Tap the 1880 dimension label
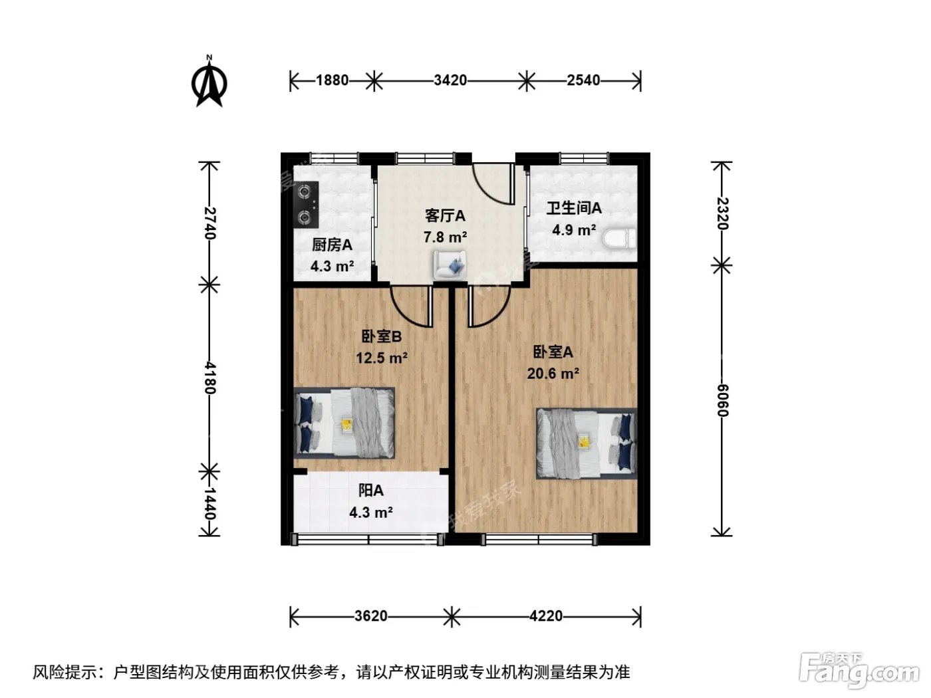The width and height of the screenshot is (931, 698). [x=332, y=80]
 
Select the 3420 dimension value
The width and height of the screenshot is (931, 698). [x=450, y=80]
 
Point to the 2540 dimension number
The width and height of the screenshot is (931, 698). [x=583, y=80]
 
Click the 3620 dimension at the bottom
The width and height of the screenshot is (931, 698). [x=370, y=616]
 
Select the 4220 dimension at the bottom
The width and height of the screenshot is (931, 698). [x=546, y=616]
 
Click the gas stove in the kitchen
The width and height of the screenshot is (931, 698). [x=307, y=205]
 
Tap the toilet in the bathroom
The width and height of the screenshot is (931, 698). [x=620, y=239]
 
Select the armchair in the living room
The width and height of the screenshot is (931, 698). [x=450, y=265]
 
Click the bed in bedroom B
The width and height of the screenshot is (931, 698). [x=344, y=423]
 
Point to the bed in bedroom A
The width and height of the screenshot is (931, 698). [x=587, y=443]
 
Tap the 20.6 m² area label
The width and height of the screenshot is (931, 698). [x=553, y=374]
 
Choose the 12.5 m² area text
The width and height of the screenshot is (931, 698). [x=382, y=358]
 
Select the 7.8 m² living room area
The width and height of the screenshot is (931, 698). [x=445, y=237]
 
